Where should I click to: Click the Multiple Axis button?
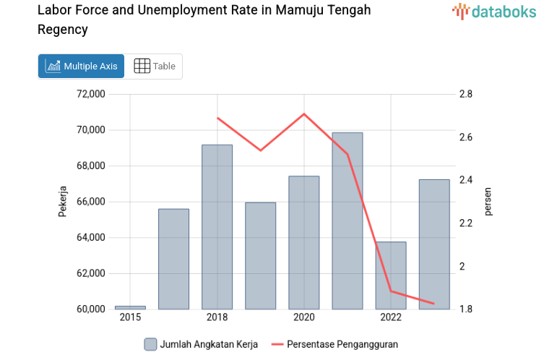[81, 66]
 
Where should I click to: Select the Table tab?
[155, 66]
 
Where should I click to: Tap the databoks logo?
[493, 11]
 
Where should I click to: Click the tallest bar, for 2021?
[347, 220]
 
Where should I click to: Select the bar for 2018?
[217, 227]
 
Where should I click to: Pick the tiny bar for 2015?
[130, 307]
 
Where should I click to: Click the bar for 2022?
[391, 275]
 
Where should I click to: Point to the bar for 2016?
[173, 259]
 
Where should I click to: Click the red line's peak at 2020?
[304, 113]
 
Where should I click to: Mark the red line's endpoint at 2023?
[434, 304]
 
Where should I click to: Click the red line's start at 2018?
[217, 118]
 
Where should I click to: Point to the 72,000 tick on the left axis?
[91, 94]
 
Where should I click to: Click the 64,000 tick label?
[91, 237]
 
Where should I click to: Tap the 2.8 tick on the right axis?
[465, 94]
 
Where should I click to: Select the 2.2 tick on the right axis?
[465, 223]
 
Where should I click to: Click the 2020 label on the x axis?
[304, 317]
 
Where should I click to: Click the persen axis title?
[488, 201]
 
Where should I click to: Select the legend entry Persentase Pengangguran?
[334, 344]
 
